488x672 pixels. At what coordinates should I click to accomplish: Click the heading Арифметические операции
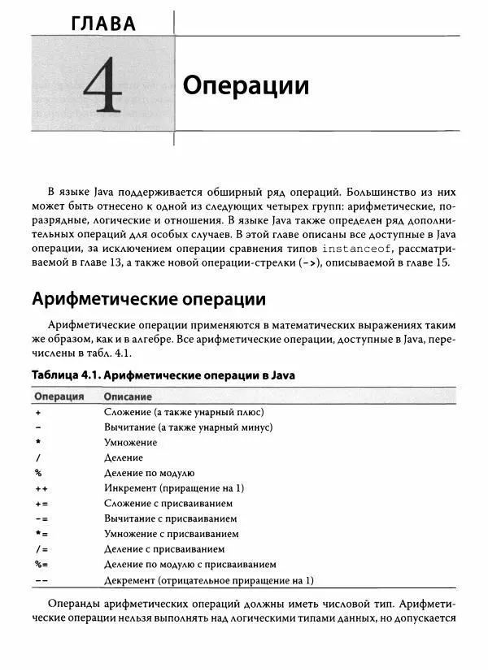[x=149, y=298]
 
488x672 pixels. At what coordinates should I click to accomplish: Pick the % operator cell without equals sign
[x=38, y=473]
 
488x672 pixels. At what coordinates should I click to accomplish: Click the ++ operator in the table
[x=41, y=488]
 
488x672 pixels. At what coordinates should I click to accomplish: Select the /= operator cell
[x=41, y=549]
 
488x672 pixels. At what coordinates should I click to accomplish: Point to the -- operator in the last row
[x=41, y=580]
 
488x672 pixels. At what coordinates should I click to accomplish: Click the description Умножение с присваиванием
[x=172, y=534]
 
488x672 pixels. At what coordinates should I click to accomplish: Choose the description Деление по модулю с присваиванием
[x=190, y=565]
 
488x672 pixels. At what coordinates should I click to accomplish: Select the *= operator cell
[x=41, y=534]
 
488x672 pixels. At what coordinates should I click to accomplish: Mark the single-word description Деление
[x=124, y=457]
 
